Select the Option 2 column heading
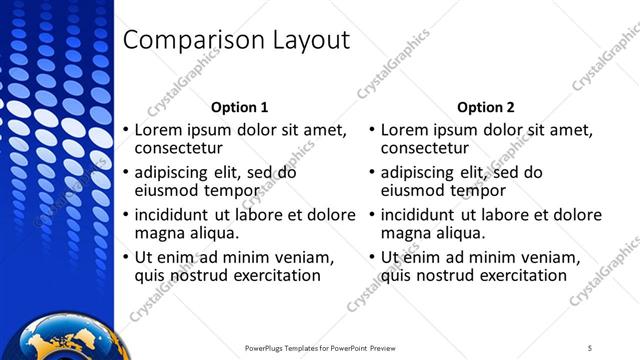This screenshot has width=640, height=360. [486, 107]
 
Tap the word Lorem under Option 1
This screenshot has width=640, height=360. [157, 130]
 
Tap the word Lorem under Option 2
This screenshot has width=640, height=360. [404, 130]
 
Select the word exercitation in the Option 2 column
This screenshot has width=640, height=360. [522, 275]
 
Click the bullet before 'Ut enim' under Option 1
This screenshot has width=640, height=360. [125, 257]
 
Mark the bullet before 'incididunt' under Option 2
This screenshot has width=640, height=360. [372, 215]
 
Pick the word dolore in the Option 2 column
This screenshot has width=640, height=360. [577, 214]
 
